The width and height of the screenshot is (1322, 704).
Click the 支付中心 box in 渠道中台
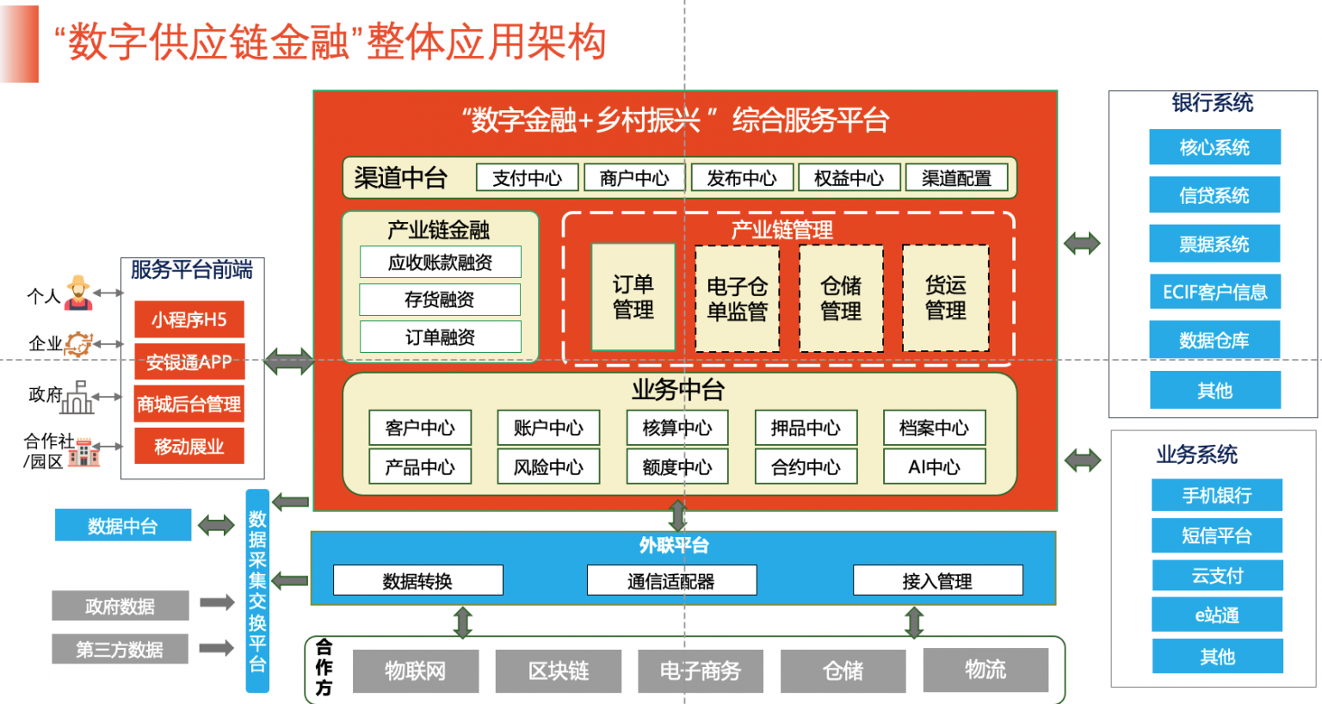tap(527, 177)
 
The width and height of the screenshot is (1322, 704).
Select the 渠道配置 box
tap(956, 177)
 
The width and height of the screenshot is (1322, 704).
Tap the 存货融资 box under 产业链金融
tap(440, 300)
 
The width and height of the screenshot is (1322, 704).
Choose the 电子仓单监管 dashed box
tap(737, 299)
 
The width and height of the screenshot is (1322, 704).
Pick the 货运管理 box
tap(946, 298)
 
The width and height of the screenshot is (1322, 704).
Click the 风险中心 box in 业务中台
tap(548, 466)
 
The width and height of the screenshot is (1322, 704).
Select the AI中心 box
tap(934, 466)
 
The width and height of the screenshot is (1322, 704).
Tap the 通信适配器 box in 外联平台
tap(671, 581)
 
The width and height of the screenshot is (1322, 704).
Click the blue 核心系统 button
tap(1214, 147)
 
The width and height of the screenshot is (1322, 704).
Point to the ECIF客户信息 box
tap(1215, 292)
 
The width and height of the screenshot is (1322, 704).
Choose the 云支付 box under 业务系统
tap(1217, 575)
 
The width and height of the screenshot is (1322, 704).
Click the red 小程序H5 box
tap(188, 319)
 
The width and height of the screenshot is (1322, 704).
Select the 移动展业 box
tap(188, 446)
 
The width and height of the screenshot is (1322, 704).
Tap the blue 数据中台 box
tap(123, 525)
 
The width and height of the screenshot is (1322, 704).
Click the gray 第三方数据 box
tap(120, 649)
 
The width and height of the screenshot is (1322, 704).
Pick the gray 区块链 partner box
tap(559, 671)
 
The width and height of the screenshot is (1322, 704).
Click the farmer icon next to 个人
tap(78, 292)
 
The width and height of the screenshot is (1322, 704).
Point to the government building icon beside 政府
tap(78, 397)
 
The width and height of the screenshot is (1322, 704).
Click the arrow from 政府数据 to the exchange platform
tap(217, 602)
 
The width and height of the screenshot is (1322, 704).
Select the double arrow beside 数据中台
tap(216, 525)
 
